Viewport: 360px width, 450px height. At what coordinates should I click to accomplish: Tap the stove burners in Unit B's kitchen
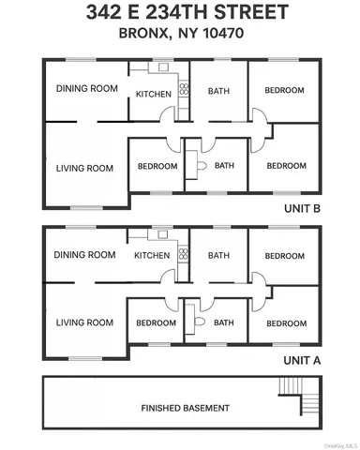(x=184, y=91)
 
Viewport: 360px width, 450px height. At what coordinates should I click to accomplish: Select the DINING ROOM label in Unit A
(x=85, y=254)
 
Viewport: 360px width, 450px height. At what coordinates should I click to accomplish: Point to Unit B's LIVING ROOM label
(x=84, y=169)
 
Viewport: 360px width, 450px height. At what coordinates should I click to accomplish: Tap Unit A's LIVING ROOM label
(x=84, y=323)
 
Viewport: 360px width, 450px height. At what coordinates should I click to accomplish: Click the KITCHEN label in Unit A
(x=152, y=255)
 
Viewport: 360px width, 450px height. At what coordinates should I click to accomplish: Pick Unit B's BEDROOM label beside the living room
(x=156, y=167)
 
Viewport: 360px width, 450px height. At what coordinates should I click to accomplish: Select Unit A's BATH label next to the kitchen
(x=219, y=255)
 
